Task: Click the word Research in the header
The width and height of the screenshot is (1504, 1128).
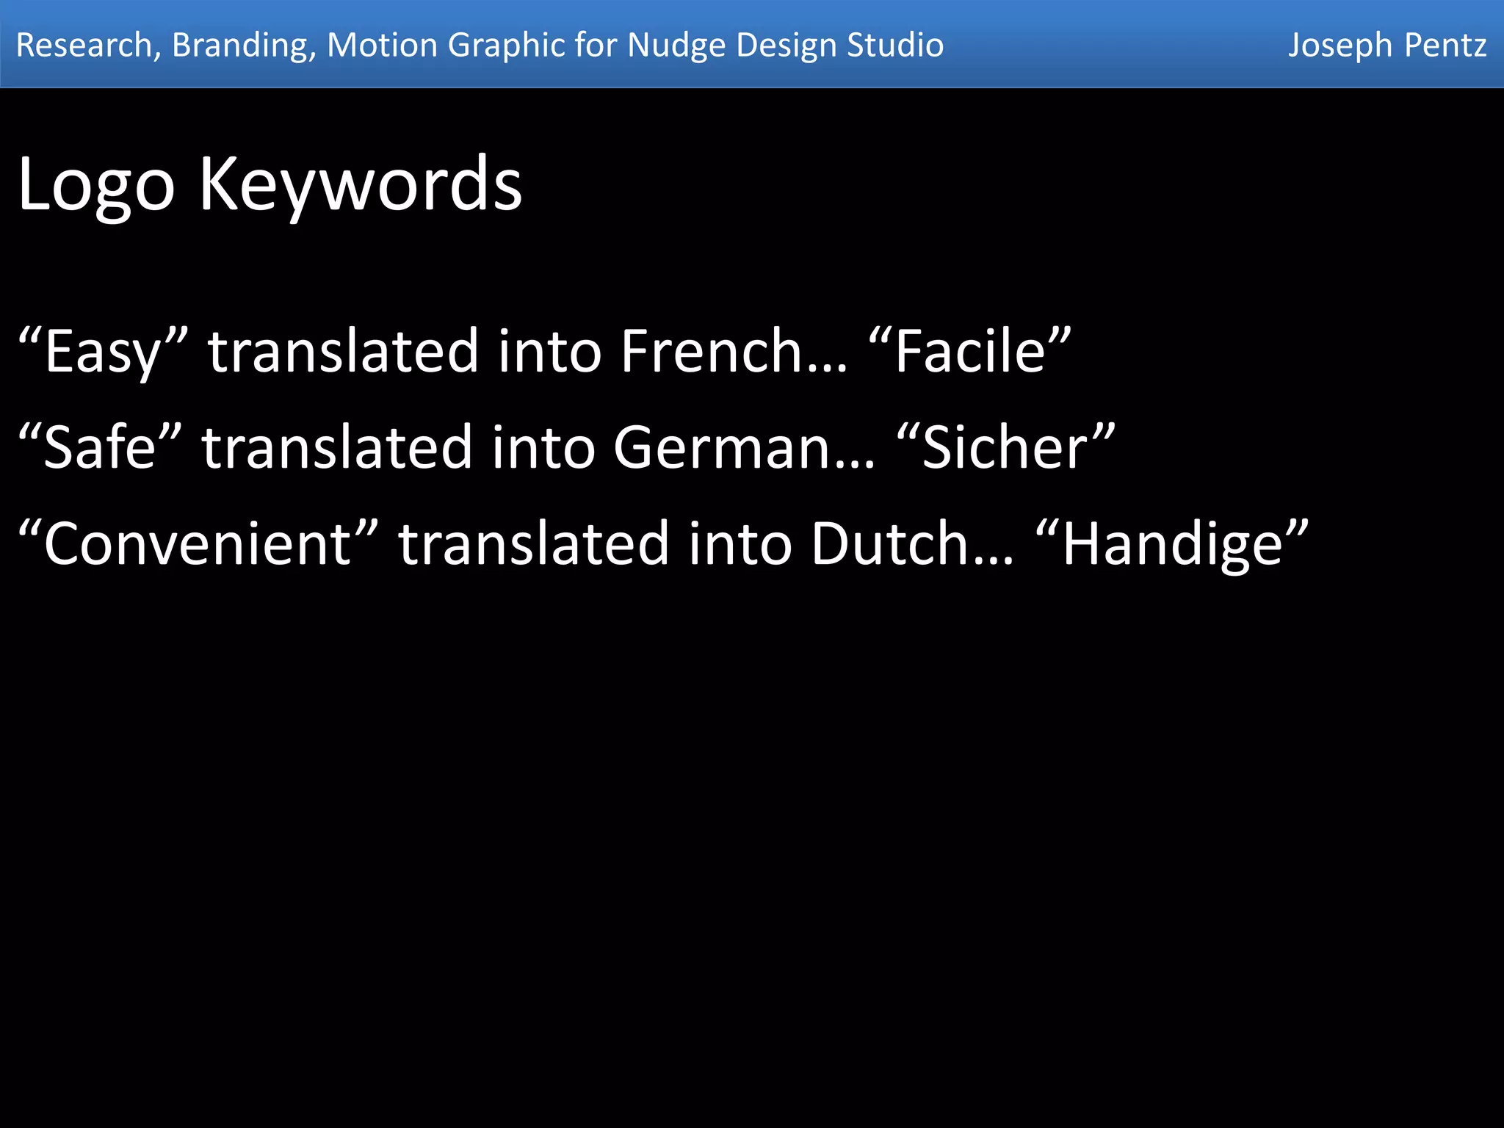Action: (x=84, y=45)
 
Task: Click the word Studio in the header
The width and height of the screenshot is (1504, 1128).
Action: (x=895, y=45)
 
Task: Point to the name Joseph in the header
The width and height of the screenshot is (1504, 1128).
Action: (x=1339, y=46)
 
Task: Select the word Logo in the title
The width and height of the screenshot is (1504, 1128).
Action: (x=95, y=185)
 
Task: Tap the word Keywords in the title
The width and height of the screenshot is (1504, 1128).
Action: (x=361, y=185)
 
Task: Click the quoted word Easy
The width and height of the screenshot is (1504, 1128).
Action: (x=103, y=352)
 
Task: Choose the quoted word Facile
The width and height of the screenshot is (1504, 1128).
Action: (x=969, y=351)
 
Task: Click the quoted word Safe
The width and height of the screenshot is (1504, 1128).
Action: (x=100, y=447)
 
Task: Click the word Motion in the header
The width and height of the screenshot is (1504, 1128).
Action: (x=382, y=45)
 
